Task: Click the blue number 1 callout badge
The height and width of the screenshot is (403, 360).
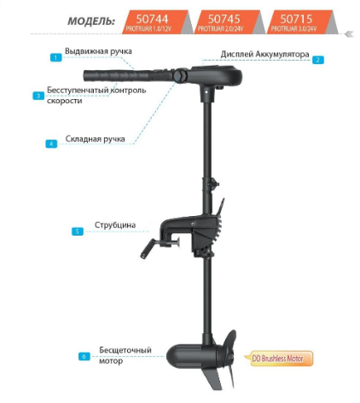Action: point(55,57)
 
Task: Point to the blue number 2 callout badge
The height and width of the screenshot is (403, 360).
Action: point(317,60)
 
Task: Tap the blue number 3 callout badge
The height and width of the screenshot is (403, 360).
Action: point(38,96)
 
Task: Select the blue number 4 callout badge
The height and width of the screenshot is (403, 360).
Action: point(52,143)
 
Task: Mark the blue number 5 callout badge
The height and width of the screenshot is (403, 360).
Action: point(78,231)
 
